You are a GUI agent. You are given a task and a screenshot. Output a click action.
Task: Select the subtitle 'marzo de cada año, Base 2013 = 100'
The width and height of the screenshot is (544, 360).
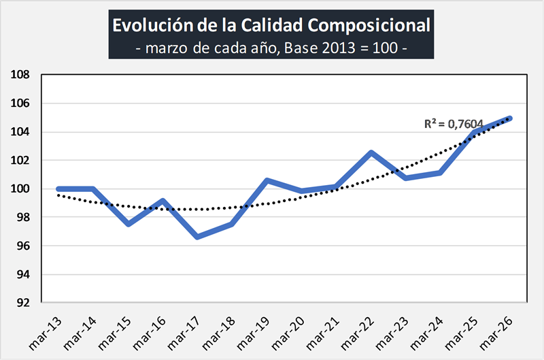click(271, 48)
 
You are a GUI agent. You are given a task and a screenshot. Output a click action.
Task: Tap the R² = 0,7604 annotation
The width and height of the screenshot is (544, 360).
click(453, 124)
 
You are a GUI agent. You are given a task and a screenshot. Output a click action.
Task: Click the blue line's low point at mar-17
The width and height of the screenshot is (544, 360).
click(197, 237)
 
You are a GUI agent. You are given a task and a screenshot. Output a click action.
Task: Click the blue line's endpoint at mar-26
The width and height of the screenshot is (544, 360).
click(510, 118)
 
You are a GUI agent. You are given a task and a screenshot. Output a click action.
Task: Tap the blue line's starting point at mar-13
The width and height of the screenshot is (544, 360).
click(58, 189)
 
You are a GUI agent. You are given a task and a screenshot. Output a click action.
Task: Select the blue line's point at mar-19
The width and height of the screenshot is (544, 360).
click(267, 180)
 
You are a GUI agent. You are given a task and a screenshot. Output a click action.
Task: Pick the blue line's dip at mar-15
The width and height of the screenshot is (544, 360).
click(128, 224)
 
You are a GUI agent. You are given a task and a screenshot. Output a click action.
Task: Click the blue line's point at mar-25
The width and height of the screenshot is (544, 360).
click(475, 132)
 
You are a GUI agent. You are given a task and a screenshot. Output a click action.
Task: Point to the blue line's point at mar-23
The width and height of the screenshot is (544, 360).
click(406, 178)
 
